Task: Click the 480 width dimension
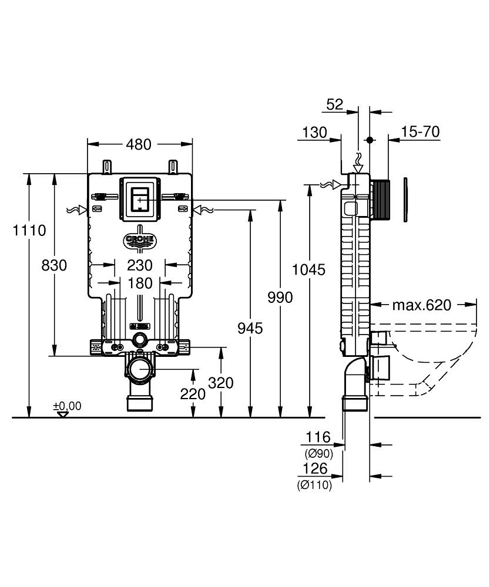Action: (x=139, y=144)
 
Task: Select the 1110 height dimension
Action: (x=29, y=230)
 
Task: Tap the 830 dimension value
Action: (x=54, y=265)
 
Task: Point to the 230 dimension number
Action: (x=140, y=265)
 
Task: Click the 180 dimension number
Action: (x=140, y=284)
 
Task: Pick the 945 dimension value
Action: (x=250, y=328)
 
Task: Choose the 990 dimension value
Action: (x=280, y=298)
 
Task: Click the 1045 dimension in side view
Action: (x=309, y=269)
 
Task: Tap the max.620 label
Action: (x=422, y=305)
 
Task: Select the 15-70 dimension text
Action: (x=421, y=132)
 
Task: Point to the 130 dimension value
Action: (x=315, y=133)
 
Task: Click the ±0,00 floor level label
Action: (x=68, y=406)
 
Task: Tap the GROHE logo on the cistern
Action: (x=140, y=240)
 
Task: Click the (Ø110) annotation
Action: (x=314, y=485)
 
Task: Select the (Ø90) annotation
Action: (x=318, y=453)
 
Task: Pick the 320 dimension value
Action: (x=221, y=383)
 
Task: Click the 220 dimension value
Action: (x=193, y=394)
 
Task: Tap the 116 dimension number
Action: (x=318, y=437)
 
